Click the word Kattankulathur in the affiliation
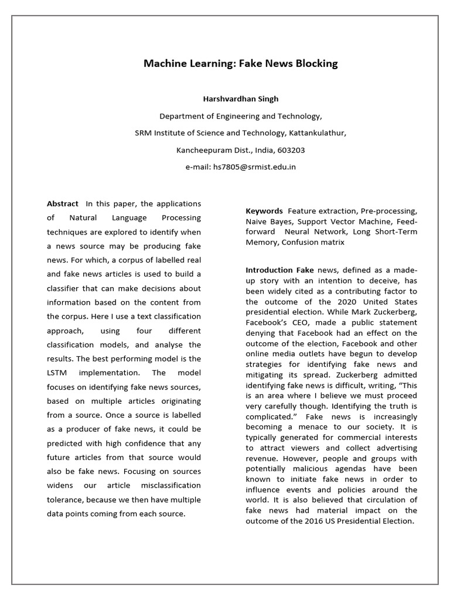coord(319,132)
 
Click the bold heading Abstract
coord(63,203)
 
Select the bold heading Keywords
coord(264,210)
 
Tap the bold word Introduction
coord(269,270)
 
